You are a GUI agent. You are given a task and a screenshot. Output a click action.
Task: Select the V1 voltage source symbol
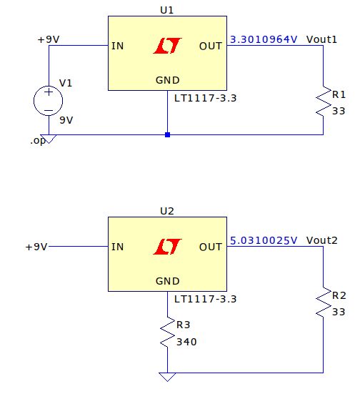tap(48, 101)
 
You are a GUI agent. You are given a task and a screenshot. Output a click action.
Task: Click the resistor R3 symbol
tap(167, 333)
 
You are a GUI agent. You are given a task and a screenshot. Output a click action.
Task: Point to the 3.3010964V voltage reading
tap(263, 40)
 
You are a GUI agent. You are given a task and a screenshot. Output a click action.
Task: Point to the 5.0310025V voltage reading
tap(263, 240)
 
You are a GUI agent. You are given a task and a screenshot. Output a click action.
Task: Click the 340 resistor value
tap(187, 341)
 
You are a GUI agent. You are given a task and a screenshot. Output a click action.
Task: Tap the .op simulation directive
tap(37, 141)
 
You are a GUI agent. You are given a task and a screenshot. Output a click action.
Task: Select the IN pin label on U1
tap(119, 46)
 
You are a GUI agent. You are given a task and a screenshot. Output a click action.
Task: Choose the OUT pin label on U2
tap(211, 247)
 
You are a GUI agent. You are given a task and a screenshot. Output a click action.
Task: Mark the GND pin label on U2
tap(167, 281)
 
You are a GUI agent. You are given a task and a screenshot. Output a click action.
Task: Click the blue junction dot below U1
tap(167, 134)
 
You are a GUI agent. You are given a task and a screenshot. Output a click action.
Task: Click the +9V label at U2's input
tap(36, 247)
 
